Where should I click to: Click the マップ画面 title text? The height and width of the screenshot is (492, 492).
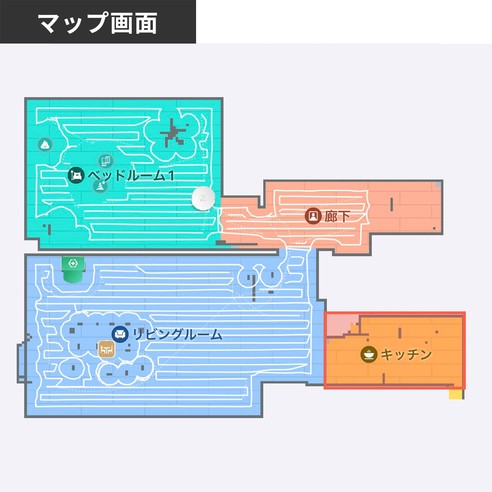pyautogui.click(x=98, y=23)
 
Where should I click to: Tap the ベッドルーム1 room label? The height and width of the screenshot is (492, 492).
pyautogui.click(x=131, y=175)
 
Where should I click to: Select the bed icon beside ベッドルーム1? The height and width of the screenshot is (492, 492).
pyautogui.click(x=76, y=175)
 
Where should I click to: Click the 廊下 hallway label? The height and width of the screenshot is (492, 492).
pyautogui.click(x=337, y=216)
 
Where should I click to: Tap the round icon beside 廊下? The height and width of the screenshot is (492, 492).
pyautogui.click(x=313, y=216)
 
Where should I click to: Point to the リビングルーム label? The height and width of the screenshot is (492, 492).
pyautogui.click(x=177, y=334)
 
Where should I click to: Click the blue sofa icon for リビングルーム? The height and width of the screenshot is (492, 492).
pyautogui.click(x=120, y=334)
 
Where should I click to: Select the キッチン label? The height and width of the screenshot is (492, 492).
pyautogui.click(x=406, y=354)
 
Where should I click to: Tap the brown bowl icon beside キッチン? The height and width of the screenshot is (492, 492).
pyautogui.click(x=369, y=354)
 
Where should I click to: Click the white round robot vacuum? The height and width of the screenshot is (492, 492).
pyautogui.click(x=203, y=199)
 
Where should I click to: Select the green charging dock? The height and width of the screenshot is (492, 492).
pyautogui.click(x=73, y=270)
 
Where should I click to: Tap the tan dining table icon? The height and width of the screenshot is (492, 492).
pyautogui.click(x=106, y=349)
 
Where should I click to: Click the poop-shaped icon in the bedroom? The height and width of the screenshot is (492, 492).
pyautogui.click(x=45, y=144)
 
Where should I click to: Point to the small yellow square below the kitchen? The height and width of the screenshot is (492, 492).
pyautogui.click(x=456, y=394)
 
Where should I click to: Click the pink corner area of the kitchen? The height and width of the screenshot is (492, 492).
pyautogui.click(x=341, y=324)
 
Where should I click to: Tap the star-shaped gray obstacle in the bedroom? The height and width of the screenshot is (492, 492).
pyautogui.click(x=173, y=133)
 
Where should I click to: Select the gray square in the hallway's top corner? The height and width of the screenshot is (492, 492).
pyautogui.click(x=438, y=184)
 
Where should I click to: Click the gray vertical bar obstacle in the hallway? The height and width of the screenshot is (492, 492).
pyautogui.click(x=391, y=205)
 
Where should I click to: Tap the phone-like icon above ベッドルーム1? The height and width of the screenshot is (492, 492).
pyautogui.click(x=106, y=161)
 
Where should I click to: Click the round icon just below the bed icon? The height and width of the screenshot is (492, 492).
pyautogui.click(x=100, y=186)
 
